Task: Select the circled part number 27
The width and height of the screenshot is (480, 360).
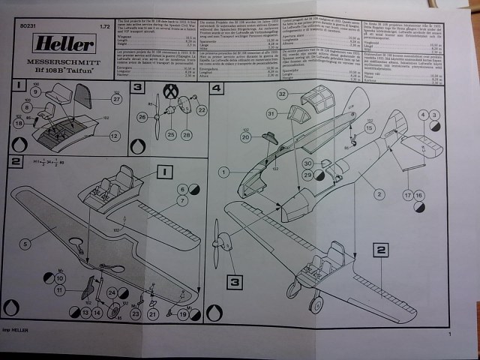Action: click(x=116, y=98)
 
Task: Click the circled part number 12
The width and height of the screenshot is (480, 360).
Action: click(x=114, y=136)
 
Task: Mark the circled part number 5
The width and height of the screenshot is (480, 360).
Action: click(x=25, y=243)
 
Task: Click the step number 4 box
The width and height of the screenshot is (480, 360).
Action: click(x=217, y=88)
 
